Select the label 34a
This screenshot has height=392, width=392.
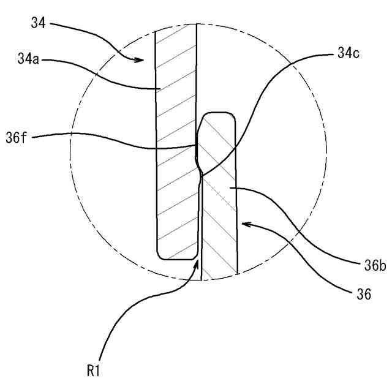tap(28, 60)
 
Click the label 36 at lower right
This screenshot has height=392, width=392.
tap(363, 295)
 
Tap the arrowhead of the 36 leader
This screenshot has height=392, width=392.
tap(243, 224)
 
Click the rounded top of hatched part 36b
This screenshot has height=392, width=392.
tap(219, 114)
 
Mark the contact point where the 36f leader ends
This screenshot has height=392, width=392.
tap(196, 145)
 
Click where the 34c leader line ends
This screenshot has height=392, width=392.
tap(201, 173)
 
